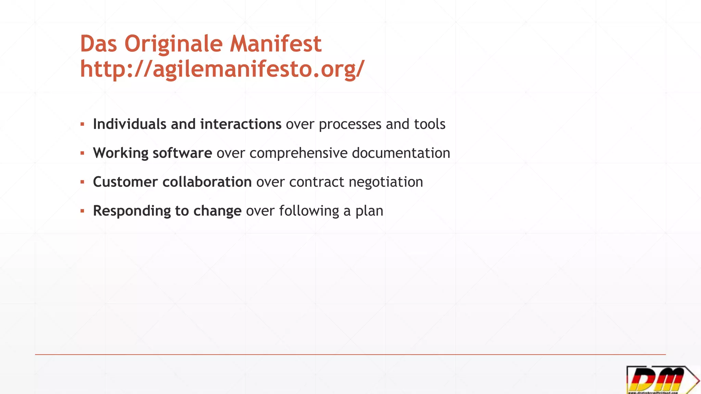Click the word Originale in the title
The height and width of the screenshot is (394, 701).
click(x=173, y=44)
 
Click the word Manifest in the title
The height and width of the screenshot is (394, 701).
click(x=275, y=44)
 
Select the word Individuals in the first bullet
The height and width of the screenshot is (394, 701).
click(x=130, y=124)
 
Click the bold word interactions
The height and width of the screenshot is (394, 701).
click(x=241, y=124)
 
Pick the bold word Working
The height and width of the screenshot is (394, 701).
click(x=120, y=153)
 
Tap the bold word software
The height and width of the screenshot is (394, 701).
click(x=182, y=153)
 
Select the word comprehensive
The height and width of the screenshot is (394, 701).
click(x=298, y=153)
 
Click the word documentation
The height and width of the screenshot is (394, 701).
click(x=401, y=153)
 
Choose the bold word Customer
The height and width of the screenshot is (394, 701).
click(x=125, y=182)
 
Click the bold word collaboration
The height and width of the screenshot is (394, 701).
click(x=207, y=182)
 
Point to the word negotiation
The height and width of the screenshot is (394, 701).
click(x=386, y=182)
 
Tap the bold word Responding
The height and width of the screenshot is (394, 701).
click(x=132, y=211)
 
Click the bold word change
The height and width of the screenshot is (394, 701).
click(x=217, y=211)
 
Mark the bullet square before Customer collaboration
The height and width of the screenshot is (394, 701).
click(x=82, y=182)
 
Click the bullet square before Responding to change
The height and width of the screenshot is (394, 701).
click(x=82, y=211)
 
